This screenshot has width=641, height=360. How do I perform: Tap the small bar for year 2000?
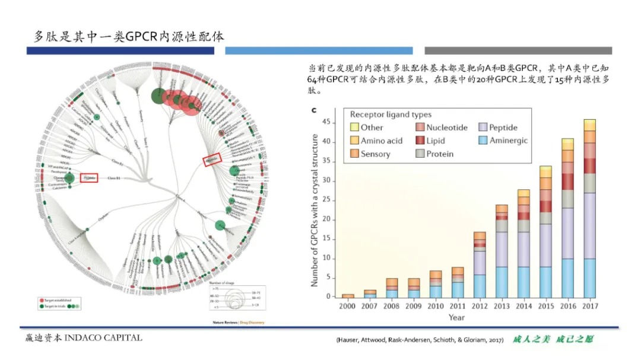347,295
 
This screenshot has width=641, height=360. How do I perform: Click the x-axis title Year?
456,317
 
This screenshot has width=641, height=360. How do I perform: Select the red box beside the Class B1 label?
88,177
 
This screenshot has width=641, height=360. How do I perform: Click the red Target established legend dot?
41,301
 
